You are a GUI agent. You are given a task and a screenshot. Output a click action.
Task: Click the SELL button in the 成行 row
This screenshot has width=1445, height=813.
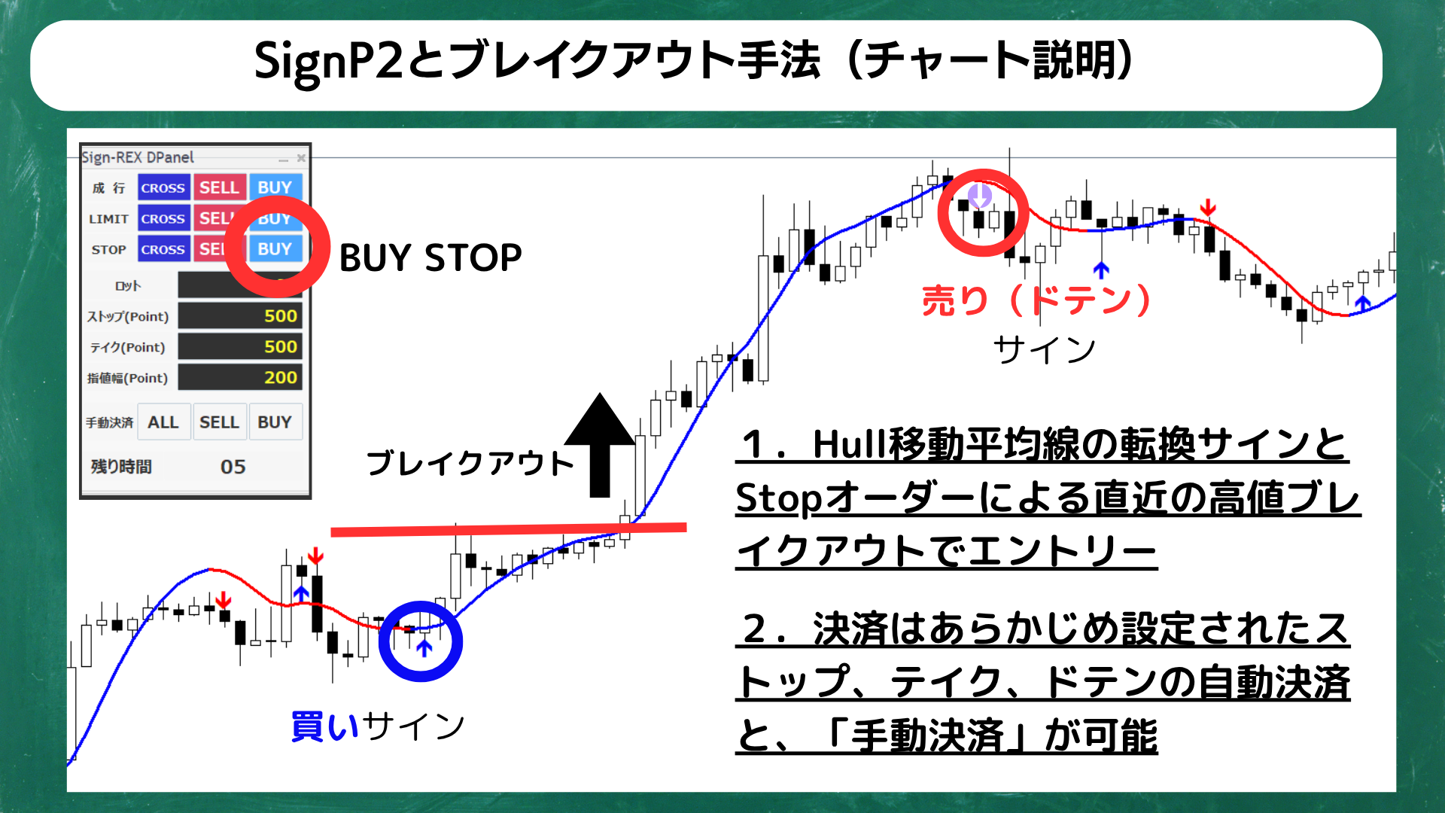coord(219,187)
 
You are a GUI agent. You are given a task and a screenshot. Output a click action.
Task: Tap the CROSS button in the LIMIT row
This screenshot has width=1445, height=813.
coord(163,218)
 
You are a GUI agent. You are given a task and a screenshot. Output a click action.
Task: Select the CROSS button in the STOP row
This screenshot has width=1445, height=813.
coord(163,249)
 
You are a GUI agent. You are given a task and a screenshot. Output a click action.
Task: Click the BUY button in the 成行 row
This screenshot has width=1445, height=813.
coord(275,187)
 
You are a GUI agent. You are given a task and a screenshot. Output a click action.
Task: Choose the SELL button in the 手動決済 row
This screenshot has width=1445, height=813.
coord(219,422)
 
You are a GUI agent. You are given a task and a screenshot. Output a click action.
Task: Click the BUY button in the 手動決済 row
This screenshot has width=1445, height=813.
coord(275,422)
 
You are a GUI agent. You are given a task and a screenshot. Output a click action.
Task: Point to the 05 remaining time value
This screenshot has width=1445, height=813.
coord(233,467)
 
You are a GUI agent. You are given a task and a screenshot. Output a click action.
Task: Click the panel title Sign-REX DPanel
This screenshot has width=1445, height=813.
coord(138,157)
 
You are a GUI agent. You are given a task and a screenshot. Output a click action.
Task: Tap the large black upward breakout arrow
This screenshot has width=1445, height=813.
coord(600,444)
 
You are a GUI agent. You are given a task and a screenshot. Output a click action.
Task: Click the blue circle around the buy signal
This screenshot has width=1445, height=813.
coord(421,603)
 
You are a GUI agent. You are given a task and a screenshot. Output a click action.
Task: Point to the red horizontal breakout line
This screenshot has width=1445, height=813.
coord(509,530)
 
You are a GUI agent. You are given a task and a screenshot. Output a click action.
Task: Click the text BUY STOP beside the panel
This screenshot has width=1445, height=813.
coord(430,258)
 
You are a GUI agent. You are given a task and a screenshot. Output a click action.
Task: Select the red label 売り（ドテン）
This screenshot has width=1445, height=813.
coord(1037,300)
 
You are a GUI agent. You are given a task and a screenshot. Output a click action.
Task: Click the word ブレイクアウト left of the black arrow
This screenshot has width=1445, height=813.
coord(470,464)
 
